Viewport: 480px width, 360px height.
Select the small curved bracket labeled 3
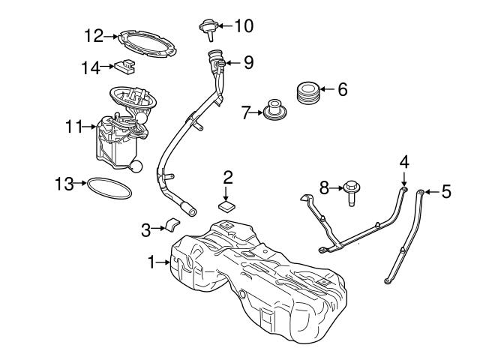pyautogui.click(x=172, y=226)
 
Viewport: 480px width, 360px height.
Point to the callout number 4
pyautogui.click(x=404, y=161)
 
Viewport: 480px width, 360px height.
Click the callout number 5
pyautogui.click(x=446, y=192)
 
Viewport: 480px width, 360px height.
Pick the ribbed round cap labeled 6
pyautogui.click(x=308, y=92)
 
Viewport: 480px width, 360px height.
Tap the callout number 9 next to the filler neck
pyautogui.click(x=248, y=61)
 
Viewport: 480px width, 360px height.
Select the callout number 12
pyautogui.click(x=93, y=34)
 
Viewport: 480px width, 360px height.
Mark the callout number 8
pyautogui.click(x=324, y=187)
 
